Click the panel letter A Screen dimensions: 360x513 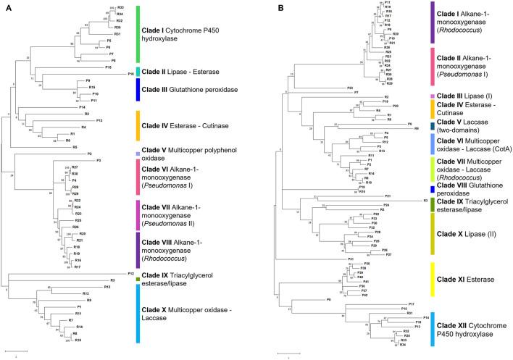tap(6, 7)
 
